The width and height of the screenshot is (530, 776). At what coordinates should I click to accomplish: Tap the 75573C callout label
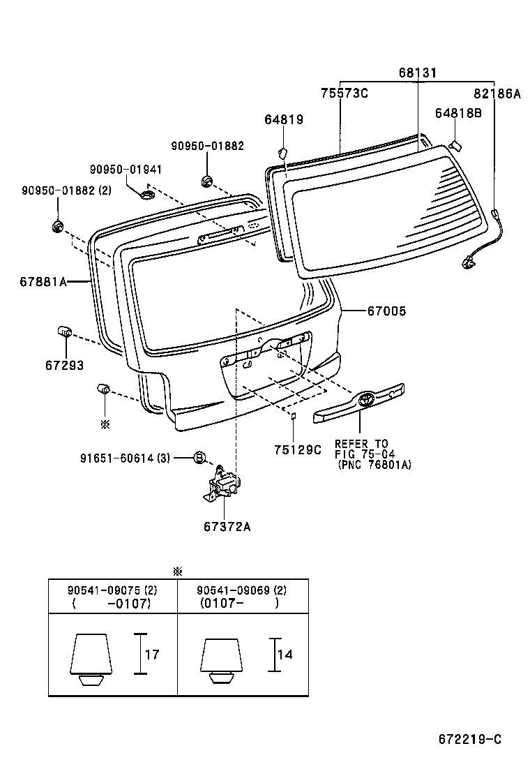coord(344,94)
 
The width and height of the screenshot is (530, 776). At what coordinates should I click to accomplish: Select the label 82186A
coord(497,94)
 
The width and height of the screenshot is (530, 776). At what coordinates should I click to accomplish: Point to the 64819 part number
coord(284,119)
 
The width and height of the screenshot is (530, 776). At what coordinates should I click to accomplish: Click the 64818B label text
coord(458,113)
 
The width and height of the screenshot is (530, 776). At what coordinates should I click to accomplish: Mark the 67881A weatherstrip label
coord(43,282)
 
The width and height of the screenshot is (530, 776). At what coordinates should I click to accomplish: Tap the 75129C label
coord(298,450)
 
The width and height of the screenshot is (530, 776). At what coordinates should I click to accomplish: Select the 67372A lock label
coord(227,527)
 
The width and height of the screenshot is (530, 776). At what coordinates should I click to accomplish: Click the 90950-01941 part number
coord(126,169)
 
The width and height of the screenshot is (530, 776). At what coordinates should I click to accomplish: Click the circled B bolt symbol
coord(199,458)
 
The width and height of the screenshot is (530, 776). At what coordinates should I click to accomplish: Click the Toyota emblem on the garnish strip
coord(365,400)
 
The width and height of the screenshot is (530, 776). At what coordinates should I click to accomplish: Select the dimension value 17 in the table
coord(152,655)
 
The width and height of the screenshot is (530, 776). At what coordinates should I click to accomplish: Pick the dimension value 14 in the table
coord(285,655)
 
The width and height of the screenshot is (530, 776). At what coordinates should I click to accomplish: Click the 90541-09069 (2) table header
coord(241,590)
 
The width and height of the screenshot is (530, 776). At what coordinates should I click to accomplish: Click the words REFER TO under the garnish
coord(361,444)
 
